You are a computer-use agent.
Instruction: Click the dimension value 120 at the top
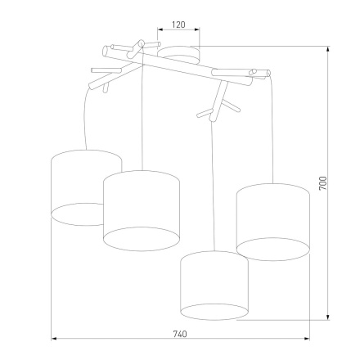[179, 25]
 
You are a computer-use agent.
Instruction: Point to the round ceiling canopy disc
[178, 54]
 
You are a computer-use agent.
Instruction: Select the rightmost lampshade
[272, 219]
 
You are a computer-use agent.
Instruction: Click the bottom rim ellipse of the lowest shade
[214, 311]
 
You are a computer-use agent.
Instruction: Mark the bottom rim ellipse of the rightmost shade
[272, 248]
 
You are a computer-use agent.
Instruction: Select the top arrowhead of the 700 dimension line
[328, 48]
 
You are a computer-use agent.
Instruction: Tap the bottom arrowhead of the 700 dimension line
[328, 317]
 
